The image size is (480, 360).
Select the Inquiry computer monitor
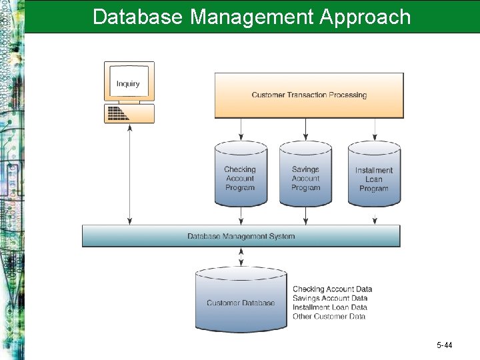[x=129, y=81]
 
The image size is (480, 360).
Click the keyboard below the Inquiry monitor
[x=129, y=113]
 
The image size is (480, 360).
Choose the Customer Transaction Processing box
[x=309, y=95]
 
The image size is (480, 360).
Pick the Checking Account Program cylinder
[x=240, y=175]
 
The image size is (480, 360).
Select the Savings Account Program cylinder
[x=305, y=175]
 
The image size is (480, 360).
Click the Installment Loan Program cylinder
[x=374, y=175]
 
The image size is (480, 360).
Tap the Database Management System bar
[x=241, y=236]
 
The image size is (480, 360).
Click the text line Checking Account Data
[x=332, y=289]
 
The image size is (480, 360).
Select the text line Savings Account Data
[x=330, y=298]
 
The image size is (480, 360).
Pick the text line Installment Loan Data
[x=330, y=307]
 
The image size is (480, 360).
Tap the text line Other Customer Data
[x=329, y=317]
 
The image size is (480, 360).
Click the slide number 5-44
[x=444, y=345]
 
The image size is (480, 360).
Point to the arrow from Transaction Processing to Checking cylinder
[x=240, y=130]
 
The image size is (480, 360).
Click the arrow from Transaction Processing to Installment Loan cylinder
[x=374, y=130]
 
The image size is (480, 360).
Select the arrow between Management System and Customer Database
[x=241, y=257]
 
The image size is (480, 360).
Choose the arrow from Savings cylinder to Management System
[x=305, y=215]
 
